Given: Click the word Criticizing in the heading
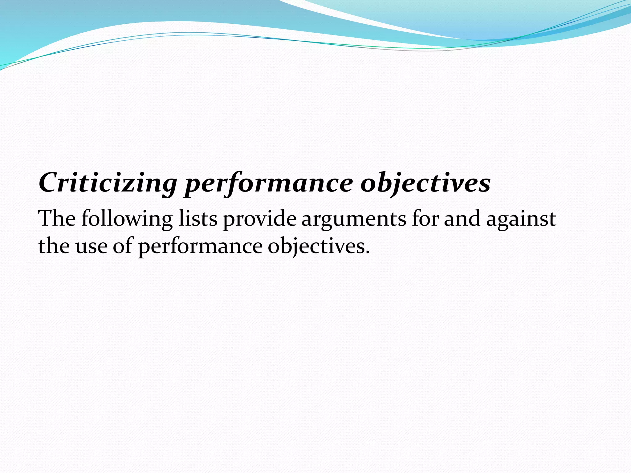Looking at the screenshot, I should pyautogui.click(x=108, y=183).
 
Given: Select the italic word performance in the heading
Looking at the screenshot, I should pyautogui.click(x=268, y=184).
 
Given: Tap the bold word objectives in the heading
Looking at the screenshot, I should pyautogui.click(x=425, y=184).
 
